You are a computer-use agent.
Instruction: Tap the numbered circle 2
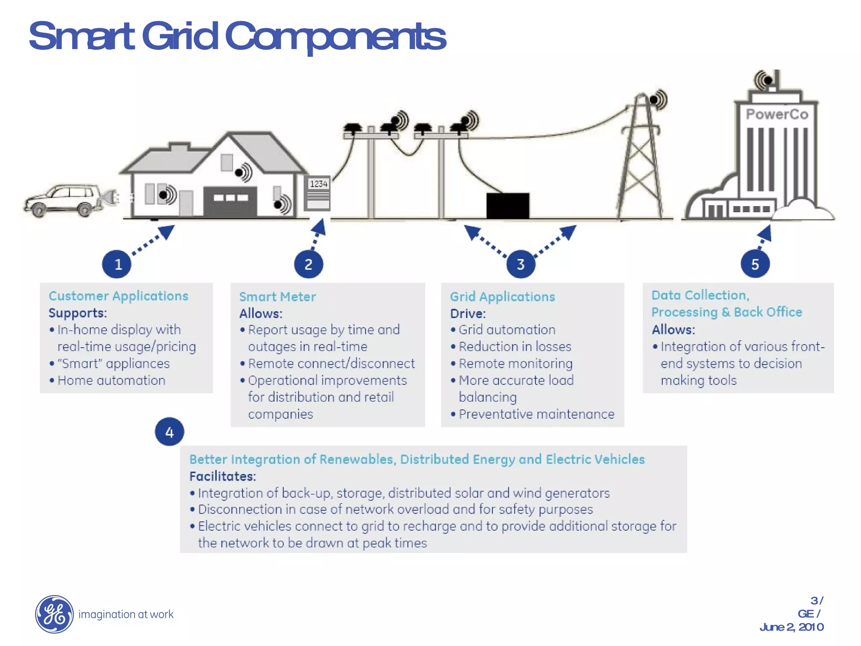click(x=308, y=264)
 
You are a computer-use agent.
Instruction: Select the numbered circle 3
click(x=520, y=264)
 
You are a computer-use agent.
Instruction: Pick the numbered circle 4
click(x=169, y=432)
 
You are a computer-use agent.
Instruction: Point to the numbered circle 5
click(x=755, y=264)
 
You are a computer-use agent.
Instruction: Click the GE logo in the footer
click(x=54, y=614)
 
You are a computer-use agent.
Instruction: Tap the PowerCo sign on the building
click(x=777, y=114)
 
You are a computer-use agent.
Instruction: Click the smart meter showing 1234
click(x=317, y=193)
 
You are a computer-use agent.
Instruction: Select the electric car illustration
click(x=63, y=200)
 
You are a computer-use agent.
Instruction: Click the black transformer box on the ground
click(x=508, y=205)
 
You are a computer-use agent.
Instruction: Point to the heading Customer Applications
click(x=119, y=296)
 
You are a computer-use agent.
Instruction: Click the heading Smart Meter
click(x=277, y=297)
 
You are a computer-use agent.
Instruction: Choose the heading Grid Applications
click(x=502, y=297)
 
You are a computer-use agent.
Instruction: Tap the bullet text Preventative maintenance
click(x=536, y=414)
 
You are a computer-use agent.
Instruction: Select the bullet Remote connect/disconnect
click(x=331, y=363)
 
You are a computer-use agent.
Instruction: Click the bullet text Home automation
click(x=111, y=380)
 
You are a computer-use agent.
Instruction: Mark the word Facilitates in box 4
click(x=222, y=476)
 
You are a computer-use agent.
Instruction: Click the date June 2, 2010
click(x=791, y=627)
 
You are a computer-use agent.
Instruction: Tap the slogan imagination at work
click(x=126, y=614)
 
